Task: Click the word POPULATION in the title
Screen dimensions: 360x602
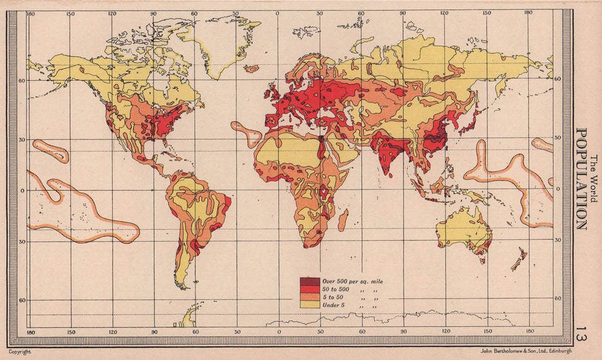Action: (581, 179)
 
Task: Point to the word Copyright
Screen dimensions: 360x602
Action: (19, 352)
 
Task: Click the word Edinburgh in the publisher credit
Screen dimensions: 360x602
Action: (557, 352)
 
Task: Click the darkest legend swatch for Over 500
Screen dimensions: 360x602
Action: (310, 281)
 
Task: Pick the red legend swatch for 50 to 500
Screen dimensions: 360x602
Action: (310, 290)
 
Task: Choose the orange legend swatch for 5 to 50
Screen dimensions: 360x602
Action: (310, 297)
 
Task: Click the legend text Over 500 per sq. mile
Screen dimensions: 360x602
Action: (352, 281)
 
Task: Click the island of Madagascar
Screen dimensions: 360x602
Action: (342, 220)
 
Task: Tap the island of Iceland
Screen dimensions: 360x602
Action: (252, 69)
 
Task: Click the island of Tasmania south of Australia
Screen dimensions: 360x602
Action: (482, 259)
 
